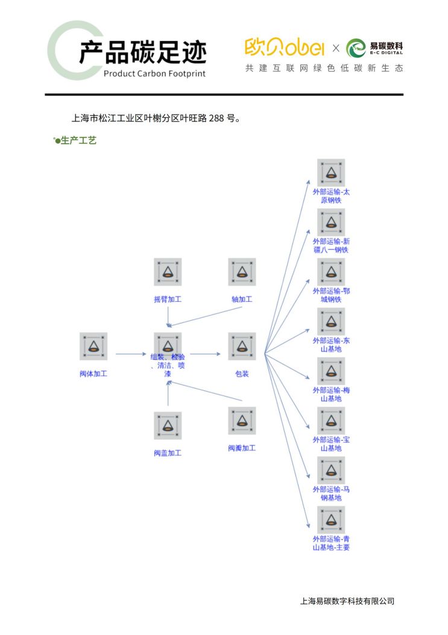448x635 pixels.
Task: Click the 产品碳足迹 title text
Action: point(142,53)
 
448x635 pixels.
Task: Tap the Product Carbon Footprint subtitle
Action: point(154,74)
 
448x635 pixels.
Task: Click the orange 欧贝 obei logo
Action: point(284,47)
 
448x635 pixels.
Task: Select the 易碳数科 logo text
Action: point(386,47)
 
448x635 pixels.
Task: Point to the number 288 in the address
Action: point(216,118)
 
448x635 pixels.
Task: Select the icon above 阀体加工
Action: point(93,346)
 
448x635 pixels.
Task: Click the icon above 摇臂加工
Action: point(168,272)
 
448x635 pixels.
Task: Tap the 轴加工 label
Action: point(242,299)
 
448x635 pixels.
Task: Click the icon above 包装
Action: point(242,346)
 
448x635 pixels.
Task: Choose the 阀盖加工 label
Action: point(168,453)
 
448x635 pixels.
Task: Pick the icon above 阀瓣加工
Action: point(242,420)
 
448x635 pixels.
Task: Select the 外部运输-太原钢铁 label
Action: point(331,196)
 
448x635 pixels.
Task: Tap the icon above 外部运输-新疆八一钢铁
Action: point(331,222)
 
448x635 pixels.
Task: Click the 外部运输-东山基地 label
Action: point(331,345)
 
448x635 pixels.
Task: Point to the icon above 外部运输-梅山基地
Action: point(331,371)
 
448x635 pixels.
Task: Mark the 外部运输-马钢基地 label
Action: point(331,493)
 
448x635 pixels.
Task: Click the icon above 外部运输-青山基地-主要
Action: point(331,519)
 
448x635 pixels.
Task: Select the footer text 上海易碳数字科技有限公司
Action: point(347,601)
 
